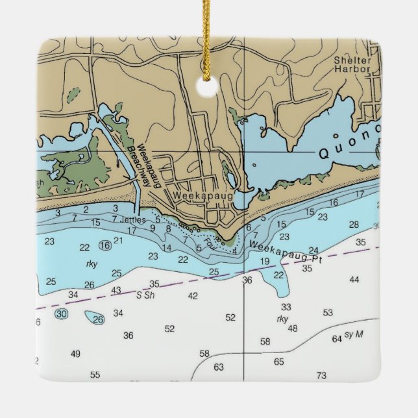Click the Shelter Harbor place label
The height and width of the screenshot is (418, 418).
(352, 64)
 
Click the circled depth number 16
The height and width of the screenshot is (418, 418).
(105, 245)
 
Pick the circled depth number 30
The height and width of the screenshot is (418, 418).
(61, 314)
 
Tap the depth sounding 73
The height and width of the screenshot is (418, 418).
(321, 376)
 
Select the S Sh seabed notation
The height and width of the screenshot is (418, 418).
(146, 295)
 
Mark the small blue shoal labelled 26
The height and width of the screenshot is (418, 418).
(97, 318)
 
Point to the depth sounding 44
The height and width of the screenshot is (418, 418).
(354, 280)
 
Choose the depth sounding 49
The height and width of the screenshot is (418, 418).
(76, 354)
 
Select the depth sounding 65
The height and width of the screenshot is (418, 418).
(279, 362)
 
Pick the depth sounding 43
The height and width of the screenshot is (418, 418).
(116, 289)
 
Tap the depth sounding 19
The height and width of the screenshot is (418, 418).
(264, 262)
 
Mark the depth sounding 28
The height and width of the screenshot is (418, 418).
(354, 225)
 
